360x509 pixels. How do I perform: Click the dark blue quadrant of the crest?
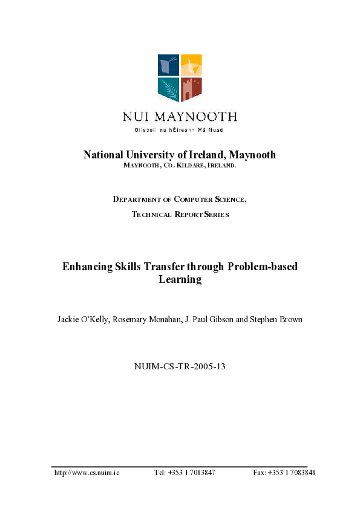pyautogui.click(x=168, y=65)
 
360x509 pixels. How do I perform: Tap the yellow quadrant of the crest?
pyautogui.click(x=191, y=65)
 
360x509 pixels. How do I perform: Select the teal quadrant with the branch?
pyautogui.click(x=168, y=89)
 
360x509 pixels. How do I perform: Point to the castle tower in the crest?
pyautogui.click(x=191, y=89)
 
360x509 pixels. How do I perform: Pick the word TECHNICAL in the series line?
pyautogui.click(x=154, y=214)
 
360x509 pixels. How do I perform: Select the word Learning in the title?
pyautogui.click(x=180, y=280)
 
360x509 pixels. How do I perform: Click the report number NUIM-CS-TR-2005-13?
pyautogui.click(x=179, y=366)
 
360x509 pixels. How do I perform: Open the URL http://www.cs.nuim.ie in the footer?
pyautogui.click(x=87, y=472)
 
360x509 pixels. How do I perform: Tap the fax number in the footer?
pyautogui.click(x=284, y=472)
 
